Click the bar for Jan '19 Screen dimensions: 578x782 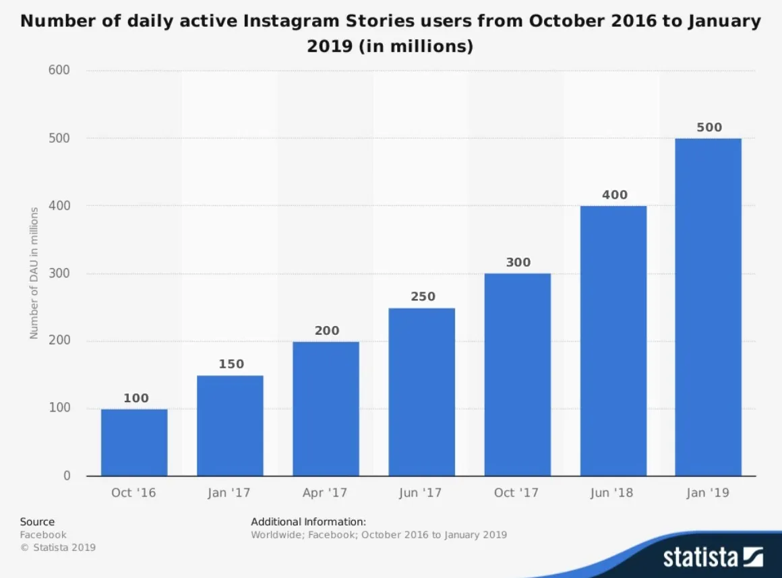tap(708, 307)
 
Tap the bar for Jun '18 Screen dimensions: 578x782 tap(613, 341)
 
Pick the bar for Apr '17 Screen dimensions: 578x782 tap(326, 408)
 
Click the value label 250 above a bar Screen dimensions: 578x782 tap(423, 296)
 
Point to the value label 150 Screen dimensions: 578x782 tap(231, 364)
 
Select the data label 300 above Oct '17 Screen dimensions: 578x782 tap(518, 263)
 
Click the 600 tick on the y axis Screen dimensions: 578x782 tap(59, 71)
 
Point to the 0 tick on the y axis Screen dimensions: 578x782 tap(67, 476)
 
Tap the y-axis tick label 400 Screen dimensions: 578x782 tap(59, 206)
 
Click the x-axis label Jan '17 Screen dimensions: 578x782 tap(229, 493)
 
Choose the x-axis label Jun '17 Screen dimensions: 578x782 tap(420, 493)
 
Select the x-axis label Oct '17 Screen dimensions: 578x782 tap(516, 493)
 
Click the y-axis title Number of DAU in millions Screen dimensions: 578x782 tap(34, 273)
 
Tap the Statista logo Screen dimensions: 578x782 tap(713, 557)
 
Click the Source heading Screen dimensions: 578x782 tap(37, 521)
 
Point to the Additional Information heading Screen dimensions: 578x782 tap(308, 521)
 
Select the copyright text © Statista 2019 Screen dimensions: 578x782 tap(58, 547)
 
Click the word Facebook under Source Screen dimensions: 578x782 tap(43, 535)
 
